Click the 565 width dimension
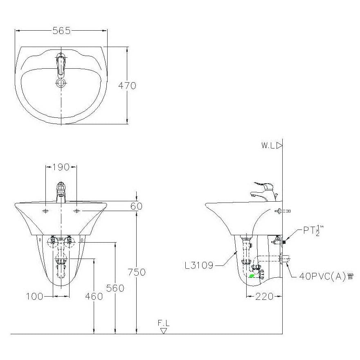point(61,31)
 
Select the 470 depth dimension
point(127,85)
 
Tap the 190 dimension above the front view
point(61,167)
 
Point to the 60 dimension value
point(136,206)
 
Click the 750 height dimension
point(137,272)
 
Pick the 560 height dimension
point(115,288)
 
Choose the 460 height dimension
point(94,297)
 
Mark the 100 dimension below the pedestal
point(34,297)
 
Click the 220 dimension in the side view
point(264,297)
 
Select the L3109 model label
point(199,265)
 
